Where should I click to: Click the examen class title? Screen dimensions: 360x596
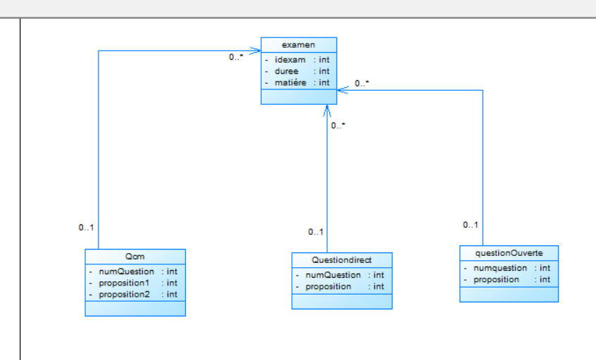tap(298, 45)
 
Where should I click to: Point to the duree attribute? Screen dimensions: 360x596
tap(286, 71)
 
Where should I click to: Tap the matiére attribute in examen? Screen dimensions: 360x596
tap(290, 82)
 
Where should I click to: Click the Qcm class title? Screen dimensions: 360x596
tap(135, 257)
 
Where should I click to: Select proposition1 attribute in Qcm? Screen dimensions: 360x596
tap(124, 283)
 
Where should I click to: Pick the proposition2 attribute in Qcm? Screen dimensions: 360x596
tap(124, 294)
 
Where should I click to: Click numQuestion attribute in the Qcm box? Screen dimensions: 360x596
tap(126, 271)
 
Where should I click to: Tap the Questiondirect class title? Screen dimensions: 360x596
tap(341, 260)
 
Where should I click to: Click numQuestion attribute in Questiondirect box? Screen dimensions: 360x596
tap(333, 275)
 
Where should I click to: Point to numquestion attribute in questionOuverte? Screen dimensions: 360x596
tap(500, 268)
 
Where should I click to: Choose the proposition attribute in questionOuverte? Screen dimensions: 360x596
tap(496, 279)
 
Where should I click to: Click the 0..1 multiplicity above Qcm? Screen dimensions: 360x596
tap(86, 228)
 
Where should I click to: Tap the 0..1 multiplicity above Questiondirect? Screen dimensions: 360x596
tap(315, 232)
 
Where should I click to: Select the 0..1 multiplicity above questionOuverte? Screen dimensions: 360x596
tap(470, 225)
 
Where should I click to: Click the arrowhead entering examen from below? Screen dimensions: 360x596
tap(327, 110)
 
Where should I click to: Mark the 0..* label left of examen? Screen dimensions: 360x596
tap(236, 57)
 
